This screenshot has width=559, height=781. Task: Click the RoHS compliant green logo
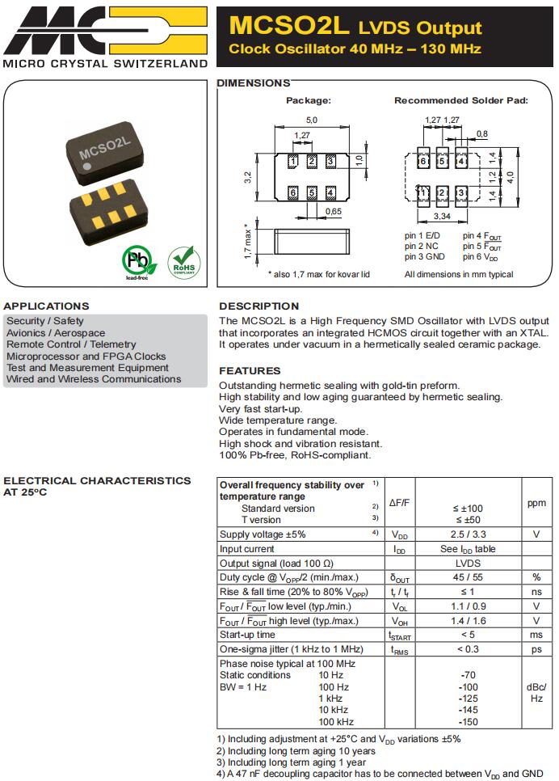[x=183, y=261]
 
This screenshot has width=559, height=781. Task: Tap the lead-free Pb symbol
[x=137, y=261]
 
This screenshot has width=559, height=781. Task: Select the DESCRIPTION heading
[x=258, y=306]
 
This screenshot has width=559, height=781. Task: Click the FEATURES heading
[x=250, y=371]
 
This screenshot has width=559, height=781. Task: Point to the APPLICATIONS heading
[x=46, y=306]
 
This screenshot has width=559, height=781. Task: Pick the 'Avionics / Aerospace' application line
[x=56, y=333]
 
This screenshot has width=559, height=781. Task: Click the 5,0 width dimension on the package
[x=311, y=120]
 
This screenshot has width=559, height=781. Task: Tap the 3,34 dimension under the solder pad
[x=442, y=217]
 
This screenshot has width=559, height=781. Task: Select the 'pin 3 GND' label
[x=425, y=257]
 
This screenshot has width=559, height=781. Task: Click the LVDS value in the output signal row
[x=468, y=563]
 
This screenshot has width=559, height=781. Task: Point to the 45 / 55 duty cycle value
[x=468, y=577]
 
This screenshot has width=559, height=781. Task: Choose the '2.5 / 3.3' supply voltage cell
[x=468, y=534]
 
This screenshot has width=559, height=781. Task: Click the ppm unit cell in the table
[x=536, y=503]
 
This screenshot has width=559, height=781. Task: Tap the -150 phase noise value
[x=468, y=722]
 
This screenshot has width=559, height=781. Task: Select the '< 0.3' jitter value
[x=468, y=649]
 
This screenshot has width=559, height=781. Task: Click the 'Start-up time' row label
[x=247, y=635]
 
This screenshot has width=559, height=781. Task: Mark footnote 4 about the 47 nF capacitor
[x=380, y=774]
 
